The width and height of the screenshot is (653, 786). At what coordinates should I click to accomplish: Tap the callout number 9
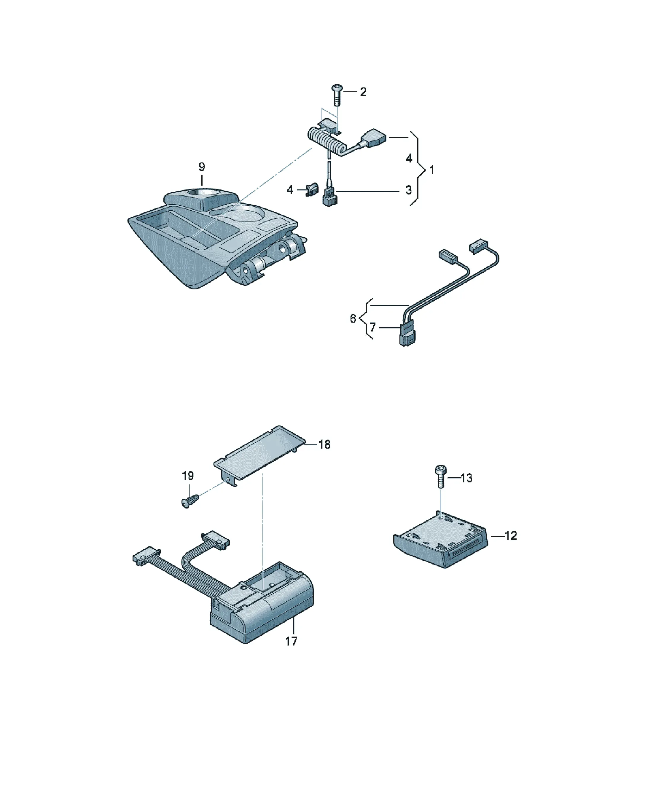(x=202, y=167)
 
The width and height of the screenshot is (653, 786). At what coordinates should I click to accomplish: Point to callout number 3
(x=409, y=190)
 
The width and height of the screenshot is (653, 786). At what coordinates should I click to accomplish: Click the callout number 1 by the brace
(x=432, y=170)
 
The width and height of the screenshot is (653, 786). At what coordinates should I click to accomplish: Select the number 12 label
(x=511, y=535)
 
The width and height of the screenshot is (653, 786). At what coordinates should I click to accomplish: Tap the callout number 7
(x=372, y=327)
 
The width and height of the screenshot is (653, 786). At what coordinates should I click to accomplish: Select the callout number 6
(x=353, y=318)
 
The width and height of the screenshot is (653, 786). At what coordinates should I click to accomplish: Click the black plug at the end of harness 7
(x=407, y=335)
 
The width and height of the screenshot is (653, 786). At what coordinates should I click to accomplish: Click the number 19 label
(x=188, y=476)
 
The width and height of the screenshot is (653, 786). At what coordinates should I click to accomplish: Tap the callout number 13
(x=466, y=478)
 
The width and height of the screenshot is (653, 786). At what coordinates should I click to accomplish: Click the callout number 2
(x=363, y=92)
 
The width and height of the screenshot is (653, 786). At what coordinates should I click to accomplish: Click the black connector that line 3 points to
(x=329, y=197)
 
